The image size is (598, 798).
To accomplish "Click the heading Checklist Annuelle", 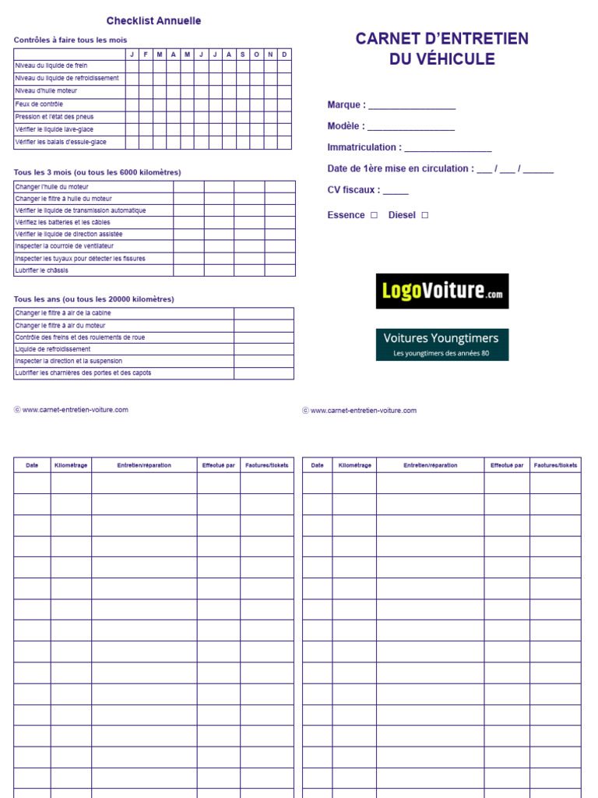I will tap(153, 21).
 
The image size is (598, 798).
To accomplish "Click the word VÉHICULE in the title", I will tap(442, 59).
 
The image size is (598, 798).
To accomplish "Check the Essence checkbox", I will tap(375, 215).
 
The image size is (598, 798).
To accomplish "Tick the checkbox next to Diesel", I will tap(425, 215).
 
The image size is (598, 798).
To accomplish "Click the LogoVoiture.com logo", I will tap(441, 291).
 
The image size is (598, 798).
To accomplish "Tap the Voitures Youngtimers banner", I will tap(441, 344).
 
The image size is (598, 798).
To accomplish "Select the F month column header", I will tap(146, 54).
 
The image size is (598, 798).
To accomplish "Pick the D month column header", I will tap(284, 54).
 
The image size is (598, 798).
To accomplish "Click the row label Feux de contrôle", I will tap(39, 104).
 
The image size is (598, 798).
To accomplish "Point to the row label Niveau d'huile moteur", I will tap(46, 91).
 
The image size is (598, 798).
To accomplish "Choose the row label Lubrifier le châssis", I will tap(41, 270).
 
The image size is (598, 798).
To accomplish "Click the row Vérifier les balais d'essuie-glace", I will tap(61, 143).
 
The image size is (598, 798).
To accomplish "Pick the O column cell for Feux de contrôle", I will tap(256, 104).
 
